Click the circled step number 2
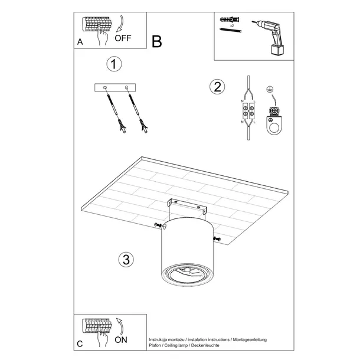click(x=217, y=87)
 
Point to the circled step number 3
click(x=124, y=259)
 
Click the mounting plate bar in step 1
click(x=116, y=88)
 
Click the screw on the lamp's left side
click(x=156, y=226)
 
